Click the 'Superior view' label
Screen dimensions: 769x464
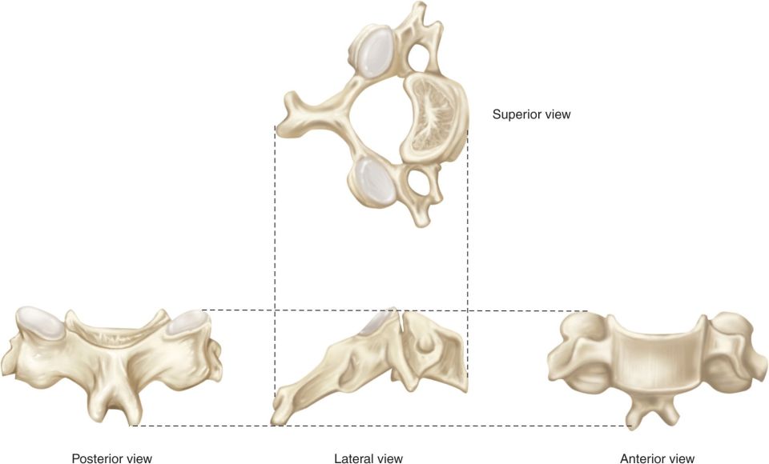click(532, 114)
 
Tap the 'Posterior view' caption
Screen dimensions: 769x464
click(112, 458)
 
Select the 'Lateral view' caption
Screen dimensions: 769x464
click(368, 458)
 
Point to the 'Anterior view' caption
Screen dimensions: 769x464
click(657, 458)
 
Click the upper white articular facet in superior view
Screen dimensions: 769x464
click(376, 52)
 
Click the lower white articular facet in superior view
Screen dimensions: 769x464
click(375, 179)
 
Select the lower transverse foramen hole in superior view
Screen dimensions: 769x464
click(418, 182)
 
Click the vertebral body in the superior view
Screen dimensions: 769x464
click(433, 118)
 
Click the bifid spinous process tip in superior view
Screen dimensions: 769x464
click(289, 112)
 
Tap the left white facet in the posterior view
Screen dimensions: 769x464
click(39, 322)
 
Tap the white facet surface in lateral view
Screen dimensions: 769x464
click(377, 322)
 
